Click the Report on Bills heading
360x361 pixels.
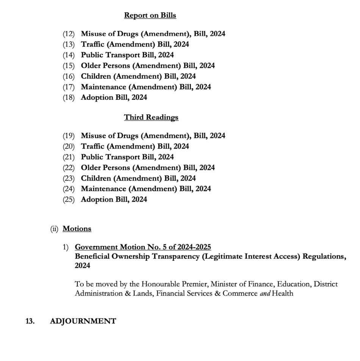[x=150, y=16]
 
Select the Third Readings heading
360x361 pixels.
[x=151, y=117]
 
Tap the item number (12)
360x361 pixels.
[x=69, y=34]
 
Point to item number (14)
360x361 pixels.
[x=69, y=55]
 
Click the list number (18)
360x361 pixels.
[x=69, y=97]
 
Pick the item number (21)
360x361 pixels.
[x=69, y=157]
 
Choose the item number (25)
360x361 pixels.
[x=69, y=199]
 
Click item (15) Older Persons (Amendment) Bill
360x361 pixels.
[x=148, y=66]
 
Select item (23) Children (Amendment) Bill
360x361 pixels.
[x=138, y=178]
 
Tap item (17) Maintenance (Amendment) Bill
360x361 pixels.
[x=146, y=87]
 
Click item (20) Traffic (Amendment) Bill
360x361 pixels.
[x=135, y=146]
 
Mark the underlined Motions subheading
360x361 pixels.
[x=77, y=229]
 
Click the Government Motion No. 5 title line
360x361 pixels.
[x=143, y=248]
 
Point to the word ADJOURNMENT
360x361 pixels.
[x=83, y=321]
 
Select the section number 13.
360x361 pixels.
[x=30, y=321]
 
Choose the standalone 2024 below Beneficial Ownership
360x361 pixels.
[x=82, y=266]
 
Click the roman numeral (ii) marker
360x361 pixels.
[x=55, y=229]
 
